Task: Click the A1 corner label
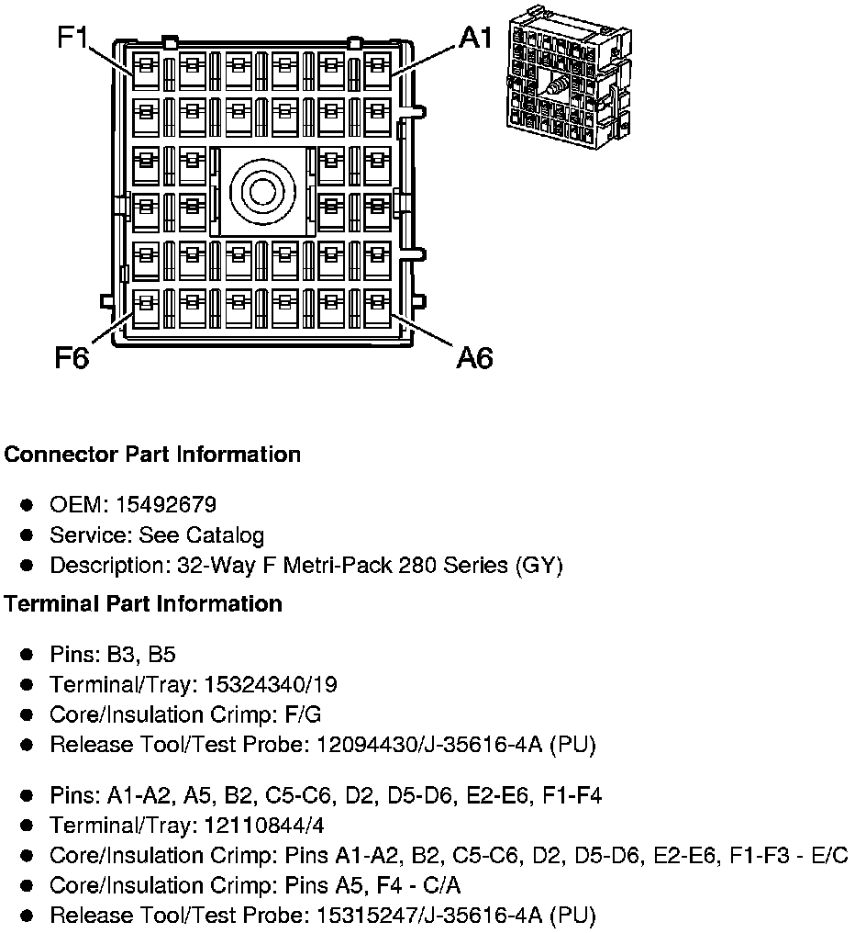[476, 39]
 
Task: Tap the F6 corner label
[72, 357]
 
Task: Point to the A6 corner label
[474, 357]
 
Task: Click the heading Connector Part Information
[152, 455]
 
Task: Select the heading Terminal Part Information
[143, 603]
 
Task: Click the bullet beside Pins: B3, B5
[28, 655]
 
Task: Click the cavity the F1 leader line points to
[146, 71]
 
